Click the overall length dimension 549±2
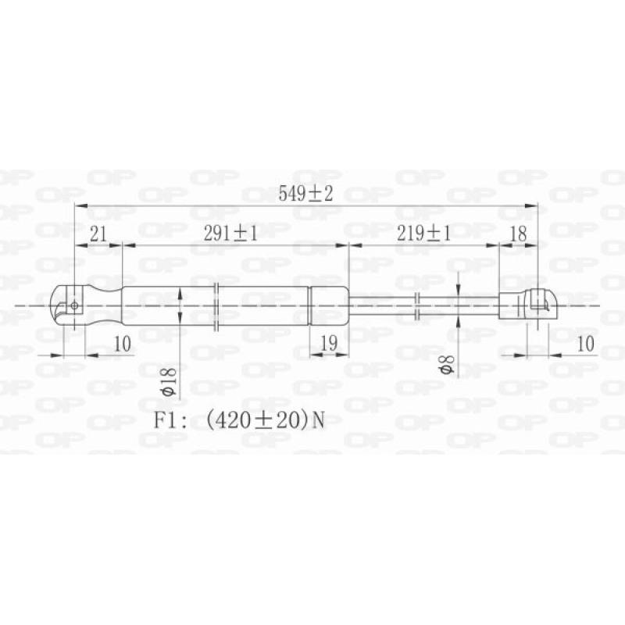tap(306, 195)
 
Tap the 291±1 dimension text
tap(230, 233)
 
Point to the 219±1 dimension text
tap(423, 233)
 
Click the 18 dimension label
tap(518, 233)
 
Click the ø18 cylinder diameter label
tap(166, 381)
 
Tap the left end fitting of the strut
tap(69, 305)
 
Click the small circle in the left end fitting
tap(74, 305)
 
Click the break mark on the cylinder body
tap(216, 305)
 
